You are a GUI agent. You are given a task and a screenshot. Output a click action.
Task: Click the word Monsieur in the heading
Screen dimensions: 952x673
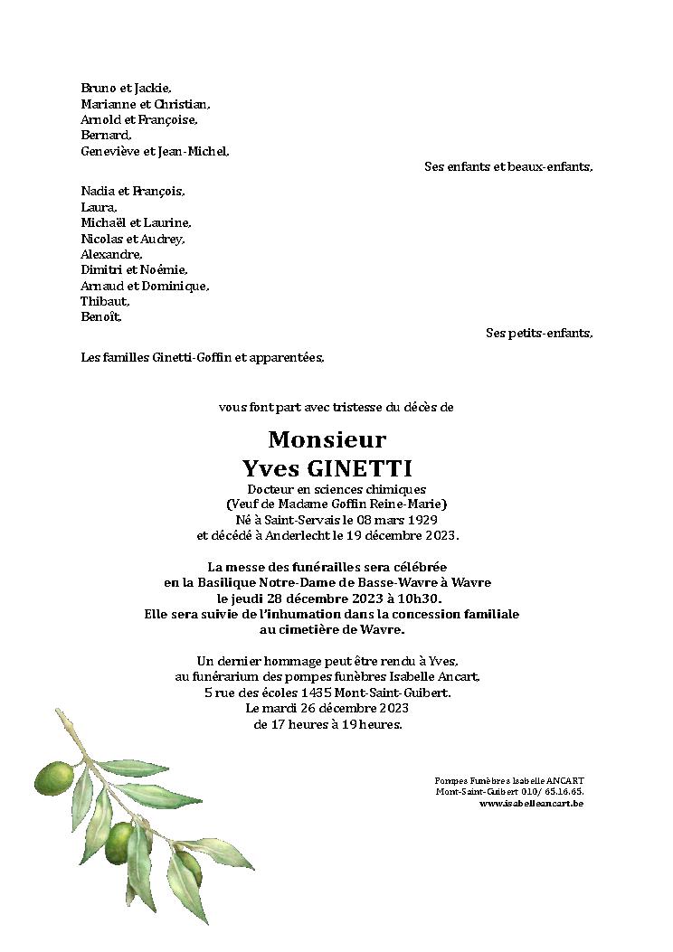327,440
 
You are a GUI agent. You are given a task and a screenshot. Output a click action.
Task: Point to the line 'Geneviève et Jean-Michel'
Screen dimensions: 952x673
155,151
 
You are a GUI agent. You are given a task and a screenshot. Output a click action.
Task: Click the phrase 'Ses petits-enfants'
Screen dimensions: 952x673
539,333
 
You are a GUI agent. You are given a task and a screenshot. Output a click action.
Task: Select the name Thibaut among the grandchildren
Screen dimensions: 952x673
105,301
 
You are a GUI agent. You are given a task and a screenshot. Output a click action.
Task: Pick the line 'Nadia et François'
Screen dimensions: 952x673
132,191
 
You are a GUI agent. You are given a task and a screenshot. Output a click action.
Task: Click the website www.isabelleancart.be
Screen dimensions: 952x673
531,803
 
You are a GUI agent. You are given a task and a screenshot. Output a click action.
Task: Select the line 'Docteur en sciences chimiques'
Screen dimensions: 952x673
336,489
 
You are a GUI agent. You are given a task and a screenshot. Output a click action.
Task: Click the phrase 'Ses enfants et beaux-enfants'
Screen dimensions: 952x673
508,167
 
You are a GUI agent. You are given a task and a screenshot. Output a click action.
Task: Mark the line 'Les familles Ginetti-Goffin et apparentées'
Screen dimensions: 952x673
202,357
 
